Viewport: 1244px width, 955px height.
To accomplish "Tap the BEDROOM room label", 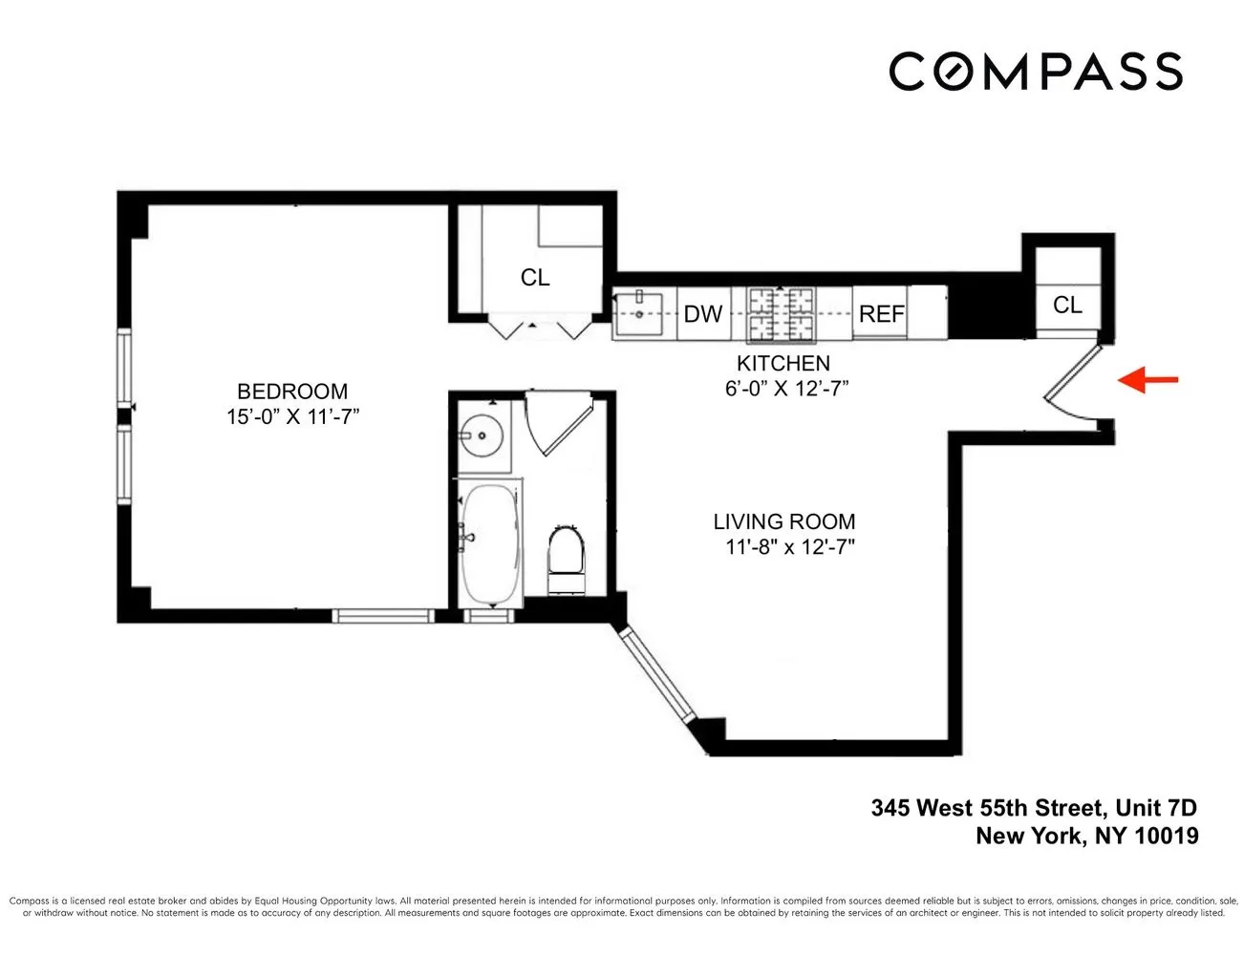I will (292, 391).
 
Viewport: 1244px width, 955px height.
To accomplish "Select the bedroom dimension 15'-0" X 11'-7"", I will (292, 417).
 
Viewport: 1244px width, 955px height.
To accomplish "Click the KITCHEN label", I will (783, 363).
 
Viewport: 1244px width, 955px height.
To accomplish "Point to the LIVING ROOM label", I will (783, 521).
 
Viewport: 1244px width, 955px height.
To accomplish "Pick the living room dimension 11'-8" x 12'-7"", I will (789, 547).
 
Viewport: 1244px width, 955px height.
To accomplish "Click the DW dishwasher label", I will (703, 314).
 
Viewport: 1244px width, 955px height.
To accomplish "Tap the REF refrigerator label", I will (881, 314).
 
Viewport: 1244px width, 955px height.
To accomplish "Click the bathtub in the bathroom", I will (490, 545).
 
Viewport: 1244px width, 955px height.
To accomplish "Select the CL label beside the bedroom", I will (535, 277).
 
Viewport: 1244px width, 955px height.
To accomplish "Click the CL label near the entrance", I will (1067, 305).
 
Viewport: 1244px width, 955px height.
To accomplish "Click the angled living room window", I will (657, 673).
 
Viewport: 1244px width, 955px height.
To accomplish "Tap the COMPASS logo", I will (1036, 72).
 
